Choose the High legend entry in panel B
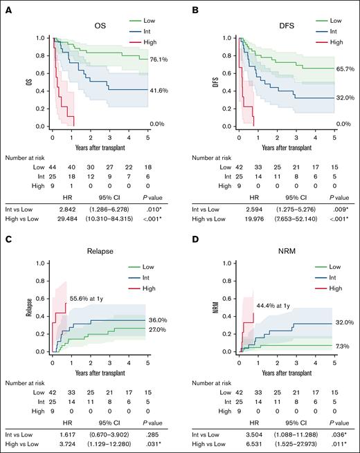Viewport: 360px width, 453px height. [334, 42]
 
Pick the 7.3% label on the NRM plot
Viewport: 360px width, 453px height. [344, 345]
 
